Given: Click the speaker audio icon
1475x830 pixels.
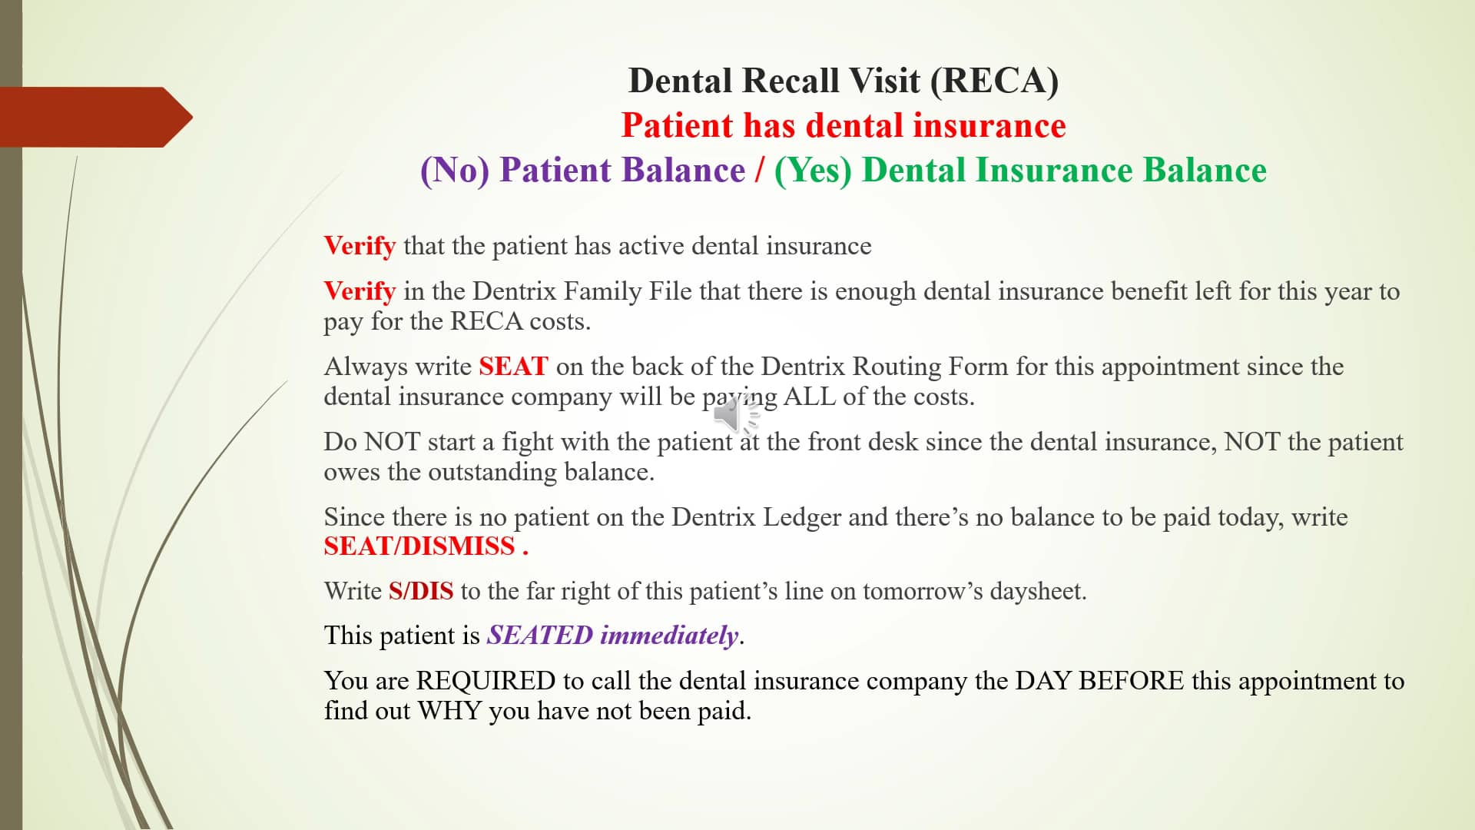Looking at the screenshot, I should click(734, 417).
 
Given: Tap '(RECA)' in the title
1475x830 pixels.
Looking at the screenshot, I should click(994, 81).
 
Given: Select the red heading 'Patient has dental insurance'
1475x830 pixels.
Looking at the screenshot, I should click(843, 125).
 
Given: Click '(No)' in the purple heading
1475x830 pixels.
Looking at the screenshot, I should click(455, 171).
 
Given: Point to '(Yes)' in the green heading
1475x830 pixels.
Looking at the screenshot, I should click(813, 171).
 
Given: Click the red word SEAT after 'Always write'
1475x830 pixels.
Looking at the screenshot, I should click(513, 367).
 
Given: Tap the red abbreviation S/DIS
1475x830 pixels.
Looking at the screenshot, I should click(420, 591).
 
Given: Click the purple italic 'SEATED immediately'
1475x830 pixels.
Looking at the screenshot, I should click(612, 636).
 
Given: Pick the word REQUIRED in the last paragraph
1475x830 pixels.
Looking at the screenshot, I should click(486, 681).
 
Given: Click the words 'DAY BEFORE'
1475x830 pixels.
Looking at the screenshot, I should click(1099, 681).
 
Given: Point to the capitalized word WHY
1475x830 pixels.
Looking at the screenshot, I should click(449, 711).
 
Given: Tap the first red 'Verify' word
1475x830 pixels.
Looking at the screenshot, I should click(360, 246).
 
